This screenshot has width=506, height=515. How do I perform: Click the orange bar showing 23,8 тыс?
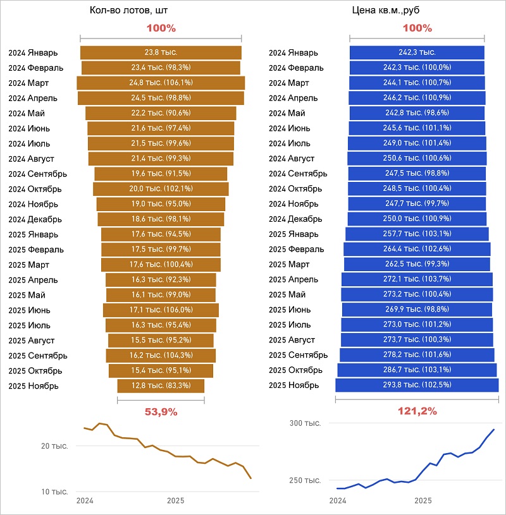pyautogui.click(x=161, y=52)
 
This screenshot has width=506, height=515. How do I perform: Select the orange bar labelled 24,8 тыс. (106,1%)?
pyautogui.click(x=161, y=83)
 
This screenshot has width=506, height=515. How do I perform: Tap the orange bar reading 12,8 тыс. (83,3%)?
pyautogui.click(x=161, y=386)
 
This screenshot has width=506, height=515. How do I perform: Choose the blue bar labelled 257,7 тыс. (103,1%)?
pyautogui.click(x=417, y=234)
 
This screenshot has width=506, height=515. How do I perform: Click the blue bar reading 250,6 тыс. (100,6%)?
pyautogui.click(x=417, y=158)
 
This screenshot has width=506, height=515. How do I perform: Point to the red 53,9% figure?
pyautogui.click(x=161, y=411)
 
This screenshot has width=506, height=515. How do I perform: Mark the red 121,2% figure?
pyautogui.click(x=417, y=411)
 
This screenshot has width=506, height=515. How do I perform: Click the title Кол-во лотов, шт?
pyautogui.click(x=129, y=10)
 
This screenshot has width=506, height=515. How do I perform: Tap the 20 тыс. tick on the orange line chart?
pyautogui.click(x=55, y=446)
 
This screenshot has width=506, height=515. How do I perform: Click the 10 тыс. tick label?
pyautogui.click(x=55, y=492)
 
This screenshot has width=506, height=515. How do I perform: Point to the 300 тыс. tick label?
pyautogui.click(x=305, y=423)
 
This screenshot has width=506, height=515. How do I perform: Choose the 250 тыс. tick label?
pyautogui.click(x=305, y=481)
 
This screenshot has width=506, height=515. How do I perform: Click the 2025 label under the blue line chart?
pyautogui.click(x=423, y=500)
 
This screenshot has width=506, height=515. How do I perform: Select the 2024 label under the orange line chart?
pyautogui.click(x=85, y=500)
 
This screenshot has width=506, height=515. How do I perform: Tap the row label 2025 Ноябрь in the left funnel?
pyautogui.click(x=34, y=386)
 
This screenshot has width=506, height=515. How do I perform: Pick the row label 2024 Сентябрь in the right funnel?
pyautogui.click(x=298, y=173)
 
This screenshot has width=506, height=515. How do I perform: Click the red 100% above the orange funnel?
pyautogui.click(x=161, y=28)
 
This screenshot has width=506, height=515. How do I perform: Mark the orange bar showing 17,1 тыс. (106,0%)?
pyautogui.click(x=161, y=310)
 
